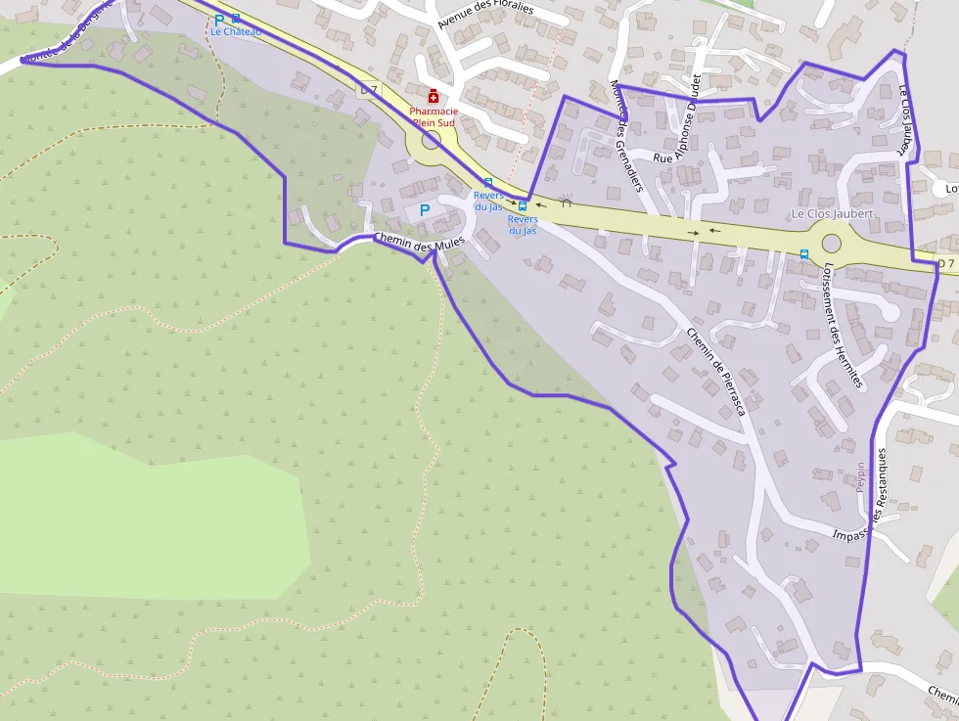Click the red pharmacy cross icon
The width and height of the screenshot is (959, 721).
pyautogui.click(x=434, y=95)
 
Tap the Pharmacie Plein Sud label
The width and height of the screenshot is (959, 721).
pyautogui.click(x=434, y=117)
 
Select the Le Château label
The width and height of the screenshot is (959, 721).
pyautogui.click(x=236, y=31)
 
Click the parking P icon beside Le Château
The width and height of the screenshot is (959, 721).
pyautogui.click(x=219, y=20)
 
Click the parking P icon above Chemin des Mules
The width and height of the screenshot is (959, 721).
pyautogui.click(x=425, y=209)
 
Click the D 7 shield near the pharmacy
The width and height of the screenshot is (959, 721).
pyautogui.click(x=368, y=89)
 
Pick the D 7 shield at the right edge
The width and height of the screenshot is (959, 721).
pyautogui.click(x=944, y=263)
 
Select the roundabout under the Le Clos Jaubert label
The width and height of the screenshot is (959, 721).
pyautogui.click(x=832, y=243)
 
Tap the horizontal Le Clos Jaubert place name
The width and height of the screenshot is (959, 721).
pyautogui.click(x=832, y=213)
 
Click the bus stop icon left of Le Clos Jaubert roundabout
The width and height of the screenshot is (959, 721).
pyautogui.click(x=804, y=254)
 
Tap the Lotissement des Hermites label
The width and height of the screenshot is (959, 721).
pyautogui.click(x=843, y=327)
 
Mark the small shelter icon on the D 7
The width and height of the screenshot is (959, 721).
pyautogui.click(x=566, y=201)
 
